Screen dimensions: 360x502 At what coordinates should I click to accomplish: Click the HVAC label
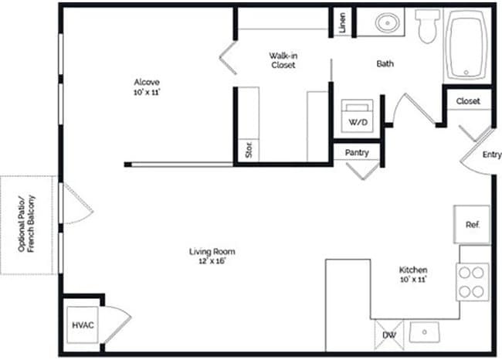83,325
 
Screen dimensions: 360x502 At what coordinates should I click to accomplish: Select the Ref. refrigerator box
472,225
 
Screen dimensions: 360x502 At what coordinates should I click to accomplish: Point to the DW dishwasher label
389,335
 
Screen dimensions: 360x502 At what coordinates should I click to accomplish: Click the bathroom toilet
426,28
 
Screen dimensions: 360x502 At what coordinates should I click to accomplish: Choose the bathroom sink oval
388,23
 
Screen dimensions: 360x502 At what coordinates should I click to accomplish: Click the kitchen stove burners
471,281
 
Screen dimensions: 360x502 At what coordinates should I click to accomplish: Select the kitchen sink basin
423,333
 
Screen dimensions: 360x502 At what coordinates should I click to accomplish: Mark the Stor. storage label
248,149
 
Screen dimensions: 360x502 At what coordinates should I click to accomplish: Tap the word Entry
491,155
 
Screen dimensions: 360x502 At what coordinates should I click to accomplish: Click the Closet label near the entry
468,101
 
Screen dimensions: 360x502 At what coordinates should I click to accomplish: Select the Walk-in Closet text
283,60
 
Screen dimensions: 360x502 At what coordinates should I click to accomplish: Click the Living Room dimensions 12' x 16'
212,261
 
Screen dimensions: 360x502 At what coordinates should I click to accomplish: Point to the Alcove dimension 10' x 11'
147,92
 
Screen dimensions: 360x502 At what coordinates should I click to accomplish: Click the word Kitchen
413,270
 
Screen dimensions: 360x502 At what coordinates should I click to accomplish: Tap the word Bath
385,64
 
